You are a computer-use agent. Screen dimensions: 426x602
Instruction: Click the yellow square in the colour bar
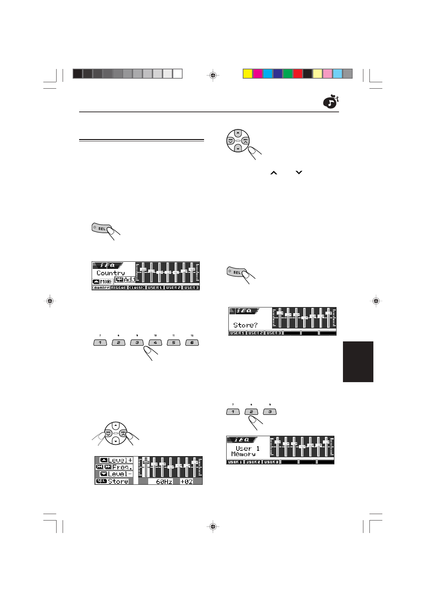(x=247, y=74)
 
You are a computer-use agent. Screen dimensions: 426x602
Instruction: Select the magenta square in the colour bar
(x=257, y=74)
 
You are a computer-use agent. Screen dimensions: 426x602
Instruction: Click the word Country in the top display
(x=111, y=273)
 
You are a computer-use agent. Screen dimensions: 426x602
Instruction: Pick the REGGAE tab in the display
(x=118, y=287)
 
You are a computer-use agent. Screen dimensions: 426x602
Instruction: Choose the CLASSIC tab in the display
(x=137, y=287)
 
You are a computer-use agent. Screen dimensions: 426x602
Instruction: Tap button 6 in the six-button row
(x=192, y=342)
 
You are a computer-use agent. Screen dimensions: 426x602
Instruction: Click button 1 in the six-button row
(x=100, y=342)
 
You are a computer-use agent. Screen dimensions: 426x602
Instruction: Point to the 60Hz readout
(x=164, y=482)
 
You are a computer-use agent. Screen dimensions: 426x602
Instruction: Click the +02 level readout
(x=186, y=482)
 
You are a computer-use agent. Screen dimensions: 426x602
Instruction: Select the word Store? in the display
(x=245, y=325)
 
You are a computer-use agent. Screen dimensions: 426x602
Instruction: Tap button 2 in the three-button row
(x=251, y=411)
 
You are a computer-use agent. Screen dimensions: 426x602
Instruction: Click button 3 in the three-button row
(x=270, y=411)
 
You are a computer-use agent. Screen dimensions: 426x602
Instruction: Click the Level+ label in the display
(x=120, y=460)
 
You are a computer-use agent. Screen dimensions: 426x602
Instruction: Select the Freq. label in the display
(x=122, y=467)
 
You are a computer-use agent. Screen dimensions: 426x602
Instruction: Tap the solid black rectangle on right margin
(x=358, y=362)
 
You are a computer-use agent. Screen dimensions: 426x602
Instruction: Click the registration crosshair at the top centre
(x=213, y=75)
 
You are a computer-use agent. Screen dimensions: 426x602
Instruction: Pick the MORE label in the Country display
(x=106, y=281)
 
